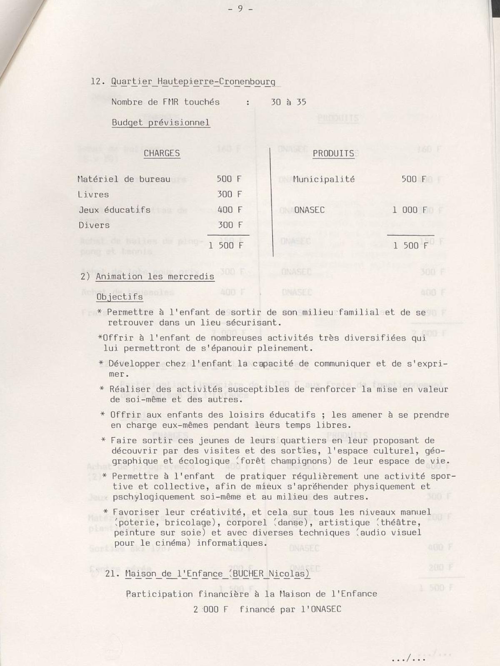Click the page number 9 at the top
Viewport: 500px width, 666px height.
click(240, 9)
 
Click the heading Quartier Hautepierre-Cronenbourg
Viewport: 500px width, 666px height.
click(193, 82)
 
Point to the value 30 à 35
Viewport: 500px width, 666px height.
click(288, 102)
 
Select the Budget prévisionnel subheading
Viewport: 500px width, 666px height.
click(161, 123)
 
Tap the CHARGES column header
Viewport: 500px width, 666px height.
click(162, 153)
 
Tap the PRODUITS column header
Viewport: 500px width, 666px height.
click(333, 153)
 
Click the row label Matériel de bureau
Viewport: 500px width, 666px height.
click(124, 179)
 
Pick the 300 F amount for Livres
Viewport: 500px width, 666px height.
click(229, 194)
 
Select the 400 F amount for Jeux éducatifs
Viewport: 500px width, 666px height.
click(230, 210)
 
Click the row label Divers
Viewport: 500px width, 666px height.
click(94, 225)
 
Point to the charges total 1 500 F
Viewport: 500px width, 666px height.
click(225, 246)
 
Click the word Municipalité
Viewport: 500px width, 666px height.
click(324, 179)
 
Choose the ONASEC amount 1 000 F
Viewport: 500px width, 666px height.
click(410, 210)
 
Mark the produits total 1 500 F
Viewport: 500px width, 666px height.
click(410, 246)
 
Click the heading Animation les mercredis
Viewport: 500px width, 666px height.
click(155, 276)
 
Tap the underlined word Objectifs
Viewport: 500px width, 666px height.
click(120, 297)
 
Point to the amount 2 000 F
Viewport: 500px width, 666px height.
click(210, 609)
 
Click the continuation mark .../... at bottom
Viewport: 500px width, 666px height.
click(408, 659)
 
